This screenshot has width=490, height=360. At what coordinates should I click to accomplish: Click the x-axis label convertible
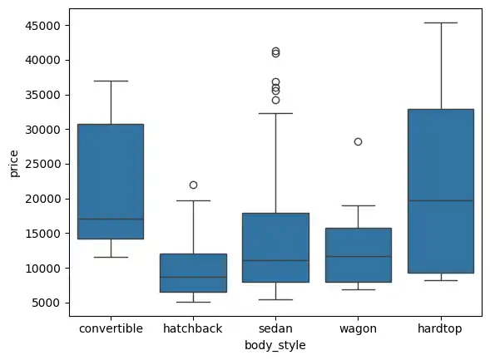111,328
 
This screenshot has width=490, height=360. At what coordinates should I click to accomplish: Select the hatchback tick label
193,328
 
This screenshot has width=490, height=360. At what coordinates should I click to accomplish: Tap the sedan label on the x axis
275,328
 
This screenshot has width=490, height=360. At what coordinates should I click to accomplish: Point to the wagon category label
358,328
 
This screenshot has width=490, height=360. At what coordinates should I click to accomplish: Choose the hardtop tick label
440,328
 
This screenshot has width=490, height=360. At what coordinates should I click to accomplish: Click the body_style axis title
275,345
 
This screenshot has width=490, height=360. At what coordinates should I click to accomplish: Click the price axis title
14,163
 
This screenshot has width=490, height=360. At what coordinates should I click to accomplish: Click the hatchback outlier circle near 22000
193,185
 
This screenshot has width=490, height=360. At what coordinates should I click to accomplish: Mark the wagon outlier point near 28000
358,142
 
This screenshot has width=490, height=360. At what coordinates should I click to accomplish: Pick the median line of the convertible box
111,219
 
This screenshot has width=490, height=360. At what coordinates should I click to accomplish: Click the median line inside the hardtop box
440,200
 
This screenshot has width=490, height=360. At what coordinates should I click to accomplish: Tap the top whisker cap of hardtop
440,22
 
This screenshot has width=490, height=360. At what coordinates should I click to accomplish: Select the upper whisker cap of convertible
111,81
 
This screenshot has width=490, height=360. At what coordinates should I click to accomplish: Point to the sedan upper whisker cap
275,113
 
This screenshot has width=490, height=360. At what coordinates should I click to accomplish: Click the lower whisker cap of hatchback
193,302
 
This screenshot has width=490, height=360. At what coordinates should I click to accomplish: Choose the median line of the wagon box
358,256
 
